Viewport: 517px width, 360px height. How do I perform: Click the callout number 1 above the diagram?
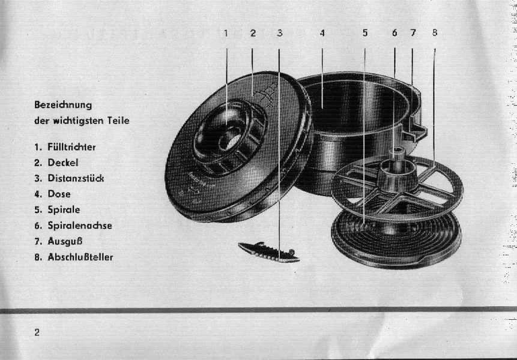click(226, 33)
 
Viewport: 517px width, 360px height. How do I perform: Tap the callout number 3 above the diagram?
click(280, 33)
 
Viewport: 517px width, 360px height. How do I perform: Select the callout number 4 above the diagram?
click(322, 33)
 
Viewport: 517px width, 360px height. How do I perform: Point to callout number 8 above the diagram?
click(435, 32)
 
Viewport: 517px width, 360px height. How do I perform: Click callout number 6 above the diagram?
click(395, 32)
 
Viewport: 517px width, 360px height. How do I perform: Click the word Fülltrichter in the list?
click(71, 147)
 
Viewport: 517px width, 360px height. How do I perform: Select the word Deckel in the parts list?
click(63, 163)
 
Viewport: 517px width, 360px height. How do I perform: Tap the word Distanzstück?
click(76, 178)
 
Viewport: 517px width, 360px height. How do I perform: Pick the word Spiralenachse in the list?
click(80, 226)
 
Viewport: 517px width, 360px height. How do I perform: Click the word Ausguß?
click(65, 241)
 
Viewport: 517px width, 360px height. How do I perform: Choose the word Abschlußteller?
click(80, 257)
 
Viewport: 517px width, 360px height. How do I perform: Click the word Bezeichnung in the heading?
click(63, 105)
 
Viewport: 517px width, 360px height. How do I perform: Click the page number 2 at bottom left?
click(37, 332)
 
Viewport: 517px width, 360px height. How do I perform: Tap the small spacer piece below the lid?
click(269, 252)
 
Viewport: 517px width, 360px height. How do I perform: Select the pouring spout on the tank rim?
click(416, 131)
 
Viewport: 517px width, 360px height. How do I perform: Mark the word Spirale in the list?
click(64, 210)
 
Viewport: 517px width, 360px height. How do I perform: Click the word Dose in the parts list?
click(59, 194)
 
